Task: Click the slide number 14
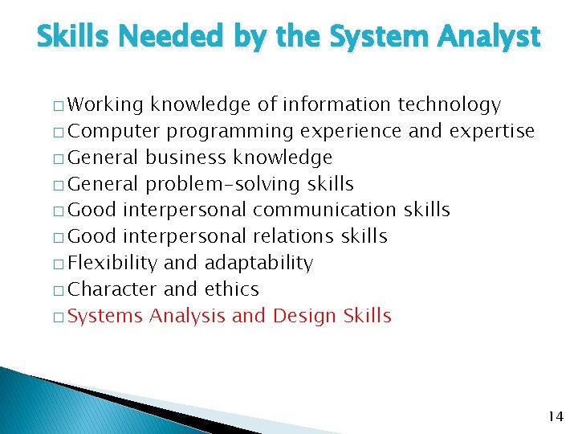pyautogui.click(x=555, y=416)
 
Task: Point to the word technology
pyautogui.click(x=449, y=105)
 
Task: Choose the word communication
pyautogui.click(x=324, y=211)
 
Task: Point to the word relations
pyautogui.click(x=294, y=236)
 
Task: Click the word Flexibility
pyautogui.click(x=113, y=263)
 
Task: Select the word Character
pyautogui.click(x=112, y=289)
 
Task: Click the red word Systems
pyautogui.click(x=106, y=316)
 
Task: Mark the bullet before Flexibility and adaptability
pyautogui.click(x=60, y=264)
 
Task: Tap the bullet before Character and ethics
pyautogui.click(x=60, y=290)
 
